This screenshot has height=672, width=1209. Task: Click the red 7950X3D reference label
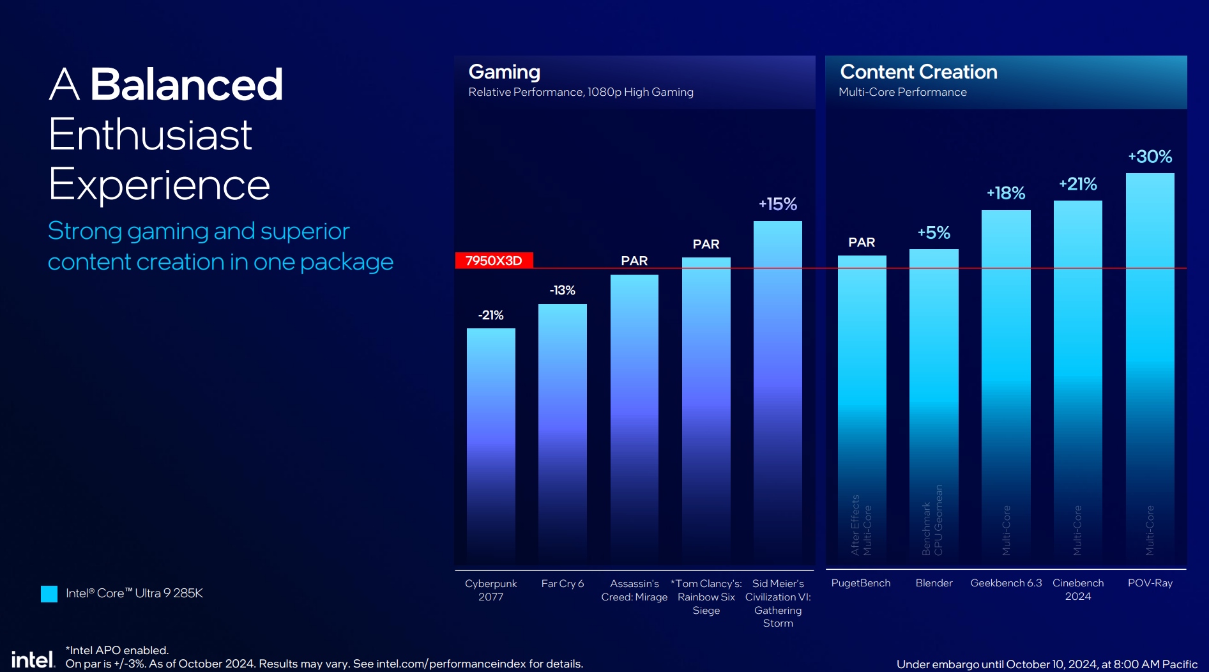[x=494, y=261]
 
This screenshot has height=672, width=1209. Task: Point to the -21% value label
[x=490, y=315]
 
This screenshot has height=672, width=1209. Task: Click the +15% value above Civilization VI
[x=777, y=204]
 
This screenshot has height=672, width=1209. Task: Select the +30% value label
[x=1150, y=157]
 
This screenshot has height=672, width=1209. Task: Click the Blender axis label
[x=934, y=583]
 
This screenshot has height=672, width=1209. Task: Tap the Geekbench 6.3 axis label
[x=1006, y=583]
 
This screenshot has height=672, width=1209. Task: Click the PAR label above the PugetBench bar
[x=862, y=243]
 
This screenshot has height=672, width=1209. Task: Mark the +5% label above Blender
[x=934, y=233]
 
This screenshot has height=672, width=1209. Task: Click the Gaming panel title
[x=505, y=72]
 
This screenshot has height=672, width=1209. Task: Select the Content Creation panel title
[x=918, y=72]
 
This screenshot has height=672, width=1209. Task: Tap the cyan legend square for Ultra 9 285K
[x=49, y=594]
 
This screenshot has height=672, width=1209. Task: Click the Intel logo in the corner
[x=33, y=659]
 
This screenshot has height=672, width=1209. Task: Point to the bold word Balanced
[x=186, y=84]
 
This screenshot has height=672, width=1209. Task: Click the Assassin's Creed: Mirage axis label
[x=634, y=590]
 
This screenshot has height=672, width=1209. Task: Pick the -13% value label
[x=562, y=291]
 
